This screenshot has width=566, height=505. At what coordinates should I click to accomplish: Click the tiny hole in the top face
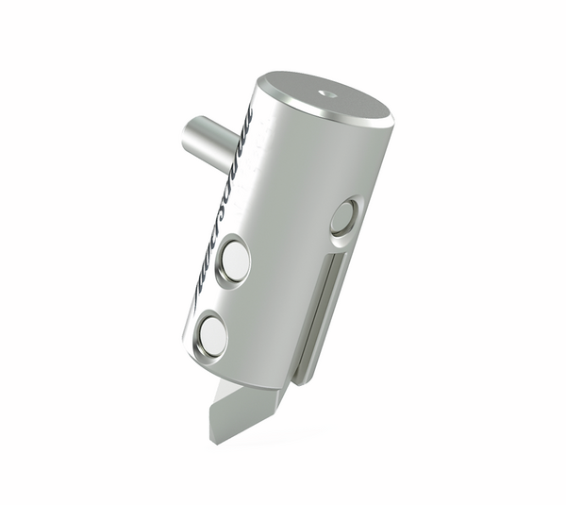click(x=327, y=93)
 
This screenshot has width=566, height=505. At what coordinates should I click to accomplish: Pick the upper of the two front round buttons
click(x=235, y=261)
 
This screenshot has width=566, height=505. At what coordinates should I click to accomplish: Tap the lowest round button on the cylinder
click(x=213, y=336)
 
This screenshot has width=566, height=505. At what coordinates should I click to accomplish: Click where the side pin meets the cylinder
click(x=233, y=151)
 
